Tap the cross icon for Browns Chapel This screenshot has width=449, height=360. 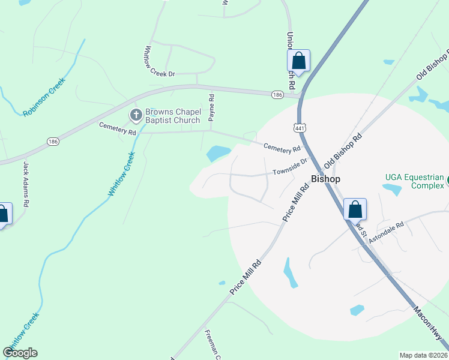tap(136, 114)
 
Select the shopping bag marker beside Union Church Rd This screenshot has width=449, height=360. tap(299, 61)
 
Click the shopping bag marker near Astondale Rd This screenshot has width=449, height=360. tap(355, 209)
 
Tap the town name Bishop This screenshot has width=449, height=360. tap(326, 179)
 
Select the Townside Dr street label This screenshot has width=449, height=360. tap(289, 166)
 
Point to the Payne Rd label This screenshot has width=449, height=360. tap(211, 106)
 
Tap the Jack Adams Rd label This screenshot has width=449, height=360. tap(26, 184)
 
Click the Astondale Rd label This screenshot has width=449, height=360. tap(387, 229)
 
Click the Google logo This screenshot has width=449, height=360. tap(20, 353)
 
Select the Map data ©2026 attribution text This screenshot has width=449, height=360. tap(423, 355)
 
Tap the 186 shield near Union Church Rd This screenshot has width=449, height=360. tap(277, 95)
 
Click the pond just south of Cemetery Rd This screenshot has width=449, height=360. tap(218, 154)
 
